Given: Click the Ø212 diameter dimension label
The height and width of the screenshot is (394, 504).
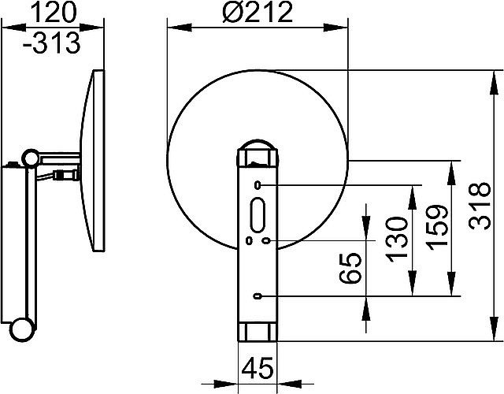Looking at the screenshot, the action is pyautogui.click(x=258, y=12).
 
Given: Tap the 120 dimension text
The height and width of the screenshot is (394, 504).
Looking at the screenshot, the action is pyautogui.click(x=54, y=12).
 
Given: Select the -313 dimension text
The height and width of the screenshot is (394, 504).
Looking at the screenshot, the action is pyautogui.click(x=51, y=43).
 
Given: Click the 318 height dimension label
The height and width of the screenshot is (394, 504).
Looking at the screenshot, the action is pyautogui.click(x=480, y=206).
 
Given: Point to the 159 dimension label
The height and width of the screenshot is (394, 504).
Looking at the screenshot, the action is pyautogui.click(x=437, y=228).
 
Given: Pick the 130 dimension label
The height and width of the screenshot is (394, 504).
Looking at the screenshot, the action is pyautogui.click(x=397, y=240).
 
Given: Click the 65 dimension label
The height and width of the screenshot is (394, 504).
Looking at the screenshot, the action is pyautogui.click(x=350, y=268).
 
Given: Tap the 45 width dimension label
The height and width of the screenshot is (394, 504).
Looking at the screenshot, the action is pyautogui.click(x=258, y=368).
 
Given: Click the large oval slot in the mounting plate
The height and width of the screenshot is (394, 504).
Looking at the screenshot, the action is pyautogui.click(x=258, y=215).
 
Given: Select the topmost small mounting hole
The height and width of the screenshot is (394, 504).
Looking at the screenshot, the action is pyautogui.click(x=258, y=185).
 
